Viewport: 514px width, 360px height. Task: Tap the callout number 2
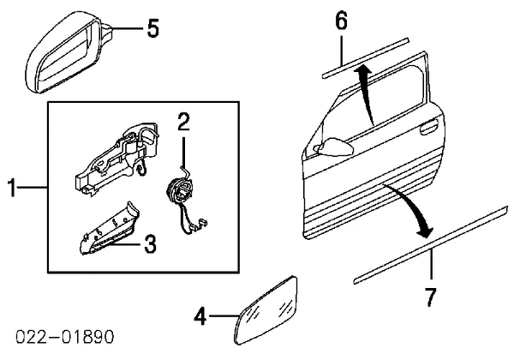pyautogui.click(x=182, y=122)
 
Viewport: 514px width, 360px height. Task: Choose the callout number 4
pyautogui.click(x=200, y=317)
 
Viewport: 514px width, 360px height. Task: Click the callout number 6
pyautogui.click(x=341, y=21)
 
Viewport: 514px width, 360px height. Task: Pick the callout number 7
pyautogui.click(x=431, y=297)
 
